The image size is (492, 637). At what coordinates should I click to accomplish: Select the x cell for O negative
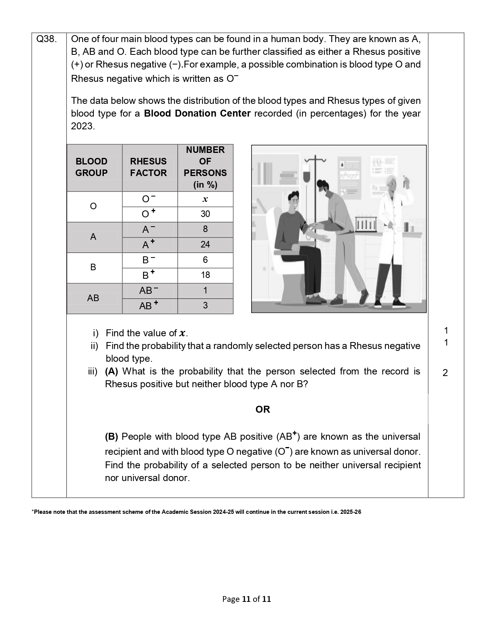[x=205, y=199]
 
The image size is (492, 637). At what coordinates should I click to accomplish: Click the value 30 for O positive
[x=205, y=214]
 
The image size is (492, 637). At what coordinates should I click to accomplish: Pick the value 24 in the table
[x=205, y=244]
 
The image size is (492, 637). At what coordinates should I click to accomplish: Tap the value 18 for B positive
[x=205, y=275]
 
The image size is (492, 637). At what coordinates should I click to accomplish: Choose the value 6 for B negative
[x=205, y=260]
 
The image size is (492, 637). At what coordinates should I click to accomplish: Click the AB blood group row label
[x=93, y=298]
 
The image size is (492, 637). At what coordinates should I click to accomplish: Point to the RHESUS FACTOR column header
[x=148, y=167]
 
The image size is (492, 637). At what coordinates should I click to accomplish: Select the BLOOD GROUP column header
[x=91, y=167]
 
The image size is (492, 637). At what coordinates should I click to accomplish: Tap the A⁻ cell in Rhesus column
[x=148, y=229]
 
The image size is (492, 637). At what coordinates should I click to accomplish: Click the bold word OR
[x=262, y=410]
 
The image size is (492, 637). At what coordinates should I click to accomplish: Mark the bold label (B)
[x=111, y=437]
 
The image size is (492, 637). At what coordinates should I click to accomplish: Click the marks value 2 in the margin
[x=445, y=373]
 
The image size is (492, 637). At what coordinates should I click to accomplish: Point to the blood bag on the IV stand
[x=306, y=176]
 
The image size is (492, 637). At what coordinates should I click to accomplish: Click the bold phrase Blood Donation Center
[x=197, y=114]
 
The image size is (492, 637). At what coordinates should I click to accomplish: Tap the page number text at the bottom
[x=246, y=599]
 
